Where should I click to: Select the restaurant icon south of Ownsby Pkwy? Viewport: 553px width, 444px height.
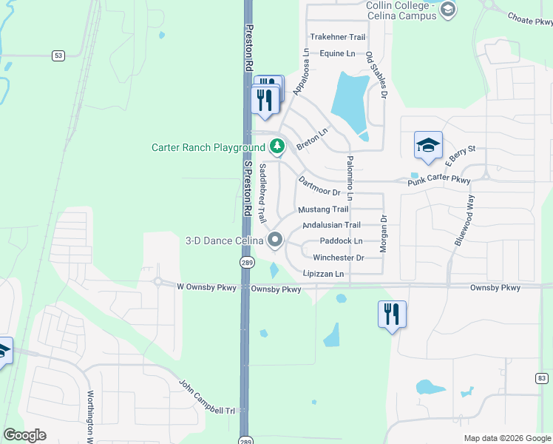click(x=391, y=314)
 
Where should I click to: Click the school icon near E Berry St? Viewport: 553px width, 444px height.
click(x=428, y=146)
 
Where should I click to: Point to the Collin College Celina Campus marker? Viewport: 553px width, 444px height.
click(x=447, y=10)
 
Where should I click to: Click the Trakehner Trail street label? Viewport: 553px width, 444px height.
click(x=338, y=37)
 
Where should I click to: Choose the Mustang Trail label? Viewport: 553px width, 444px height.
click(x=323, y=209)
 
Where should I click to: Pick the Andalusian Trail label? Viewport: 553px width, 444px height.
click(x=331, y=225)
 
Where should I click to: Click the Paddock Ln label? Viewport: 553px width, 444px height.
click(x=342, y=241)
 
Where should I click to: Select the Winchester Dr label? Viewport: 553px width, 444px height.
click(x=339, y=258)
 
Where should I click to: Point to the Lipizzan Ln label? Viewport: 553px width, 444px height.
click(x=324, y=274)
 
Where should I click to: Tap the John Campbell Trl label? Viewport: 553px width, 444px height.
click(x=207, y=397)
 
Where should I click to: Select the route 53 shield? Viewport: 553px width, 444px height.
click(x=58, y=55)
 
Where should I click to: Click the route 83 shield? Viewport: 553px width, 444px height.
click(x=542, y=378)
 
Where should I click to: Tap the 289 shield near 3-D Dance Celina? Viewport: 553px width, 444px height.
click(x=246, y=263)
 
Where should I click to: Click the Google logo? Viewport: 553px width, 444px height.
click(x=24, y=435)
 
